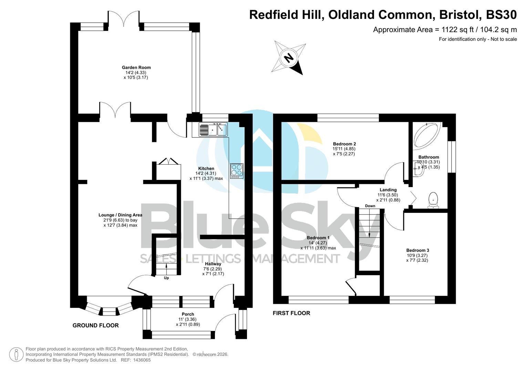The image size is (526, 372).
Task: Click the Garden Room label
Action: [x=136, y=68]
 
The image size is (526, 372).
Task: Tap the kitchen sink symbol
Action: [x=213, y=130]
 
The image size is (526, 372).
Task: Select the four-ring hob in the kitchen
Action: [x=237, y=170]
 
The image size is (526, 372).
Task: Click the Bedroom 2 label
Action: [x=344, y=144]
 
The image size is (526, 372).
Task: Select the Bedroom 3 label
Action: [x=417, y=250]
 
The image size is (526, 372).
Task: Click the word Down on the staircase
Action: [x=370, y=206]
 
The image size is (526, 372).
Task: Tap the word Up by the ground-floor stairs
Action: [x=166, y=278]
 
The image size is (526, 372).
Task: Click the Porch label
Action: [x=188, y=314]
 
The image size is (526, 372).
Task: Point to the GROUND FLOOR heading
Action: [x=95, y=325]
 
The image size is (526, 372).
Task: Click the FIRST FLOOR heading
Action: [x=291, y=313]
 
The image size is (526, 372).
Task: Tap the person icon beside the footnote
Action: [x=16, y=354]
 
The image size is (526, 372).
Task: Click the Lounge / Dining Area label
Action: [x=120, y=215]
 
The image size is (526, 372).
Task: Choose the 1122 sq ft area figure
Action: [x=452, y=30]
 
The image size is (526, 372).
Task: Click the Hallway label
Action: [x=213, y=264]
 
